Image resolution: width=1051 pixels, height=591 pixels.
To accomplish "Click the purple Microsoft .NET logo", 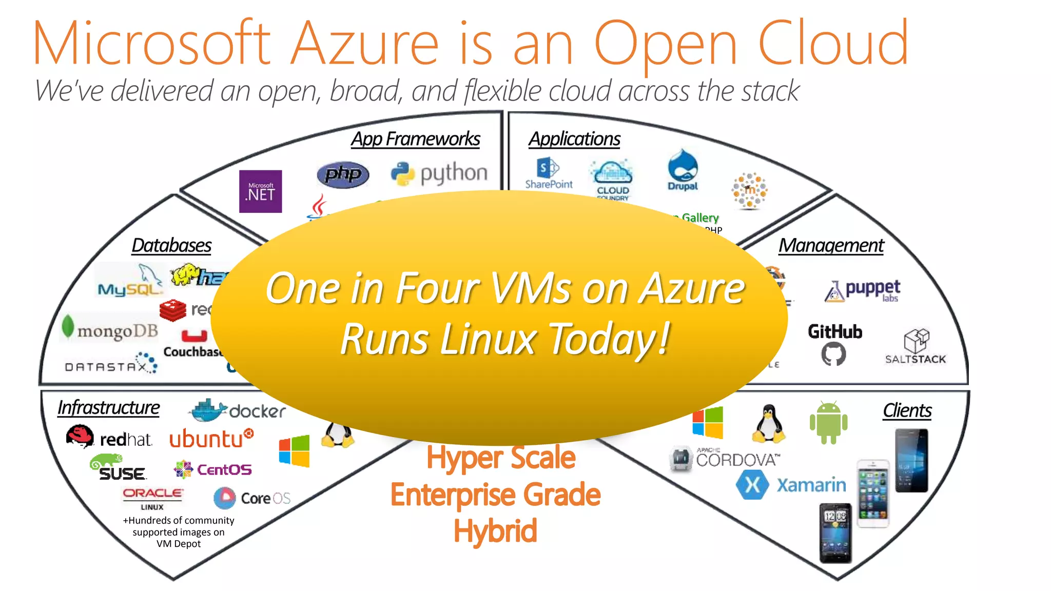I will click(x=260, y=191).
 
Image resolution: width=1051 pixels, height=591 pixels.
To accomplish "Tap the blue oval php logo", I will click(x=343, y=174).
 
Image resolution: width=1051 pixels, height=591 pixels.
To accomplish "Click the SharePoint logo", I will click(x=548, y=173).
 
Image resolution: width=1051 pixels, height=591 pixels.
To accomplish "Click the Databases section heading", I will click(x=171, y=245).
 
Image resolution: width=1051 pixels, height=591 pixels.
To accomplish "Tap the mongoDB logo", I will click(x=110, y=329).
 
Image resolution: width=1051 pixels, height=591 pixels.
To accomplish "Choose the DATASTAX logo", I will click(x=111, y=364).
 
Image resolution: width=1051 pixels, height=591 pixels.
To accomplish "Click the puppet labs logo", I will click(x=862, y=290).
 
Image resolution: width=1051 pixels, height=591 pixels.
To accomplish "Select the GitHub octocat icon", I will click(x=833, y=354).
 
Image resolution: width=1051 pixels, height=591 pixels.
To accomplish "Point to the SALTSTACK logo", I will click(x=916, y=347).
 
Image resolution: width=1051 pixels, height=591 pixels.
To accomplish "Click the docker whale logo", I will click(x=208, y=410).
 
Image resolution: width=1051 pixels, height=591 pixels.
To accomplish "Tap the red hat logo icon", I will click(x=80, y=437).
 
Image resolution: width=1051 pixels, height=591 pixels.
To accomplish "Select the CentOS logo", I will click(x=212, y=469).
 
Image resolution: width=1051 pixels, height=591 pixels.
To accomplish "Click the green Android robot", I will click(x=828, y=423).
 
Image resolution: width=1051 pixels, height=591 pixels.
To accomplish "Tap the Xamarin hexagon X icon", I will click(x=752, y=484).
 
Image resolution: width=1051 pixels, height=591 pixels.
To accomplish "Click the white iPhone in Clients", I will click(x=873, y=494).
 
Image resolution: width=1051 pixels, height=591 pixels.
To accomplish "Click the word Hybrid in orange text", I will click(x=495, y=530).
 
